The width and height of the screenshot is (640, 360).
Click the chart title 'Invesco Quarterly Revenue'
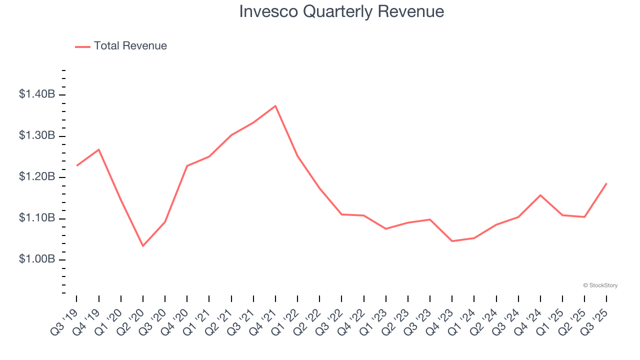341,11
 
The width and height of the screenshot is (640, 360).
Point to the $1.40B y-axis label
36,94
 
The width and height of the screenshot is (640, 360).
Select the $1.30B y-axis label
36,135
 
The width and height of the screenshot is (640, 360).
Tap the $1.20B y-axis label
36,177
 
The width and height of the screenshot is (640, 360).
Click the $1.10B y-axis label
36,218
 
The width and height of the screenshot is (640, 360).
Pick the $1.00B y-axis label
36,259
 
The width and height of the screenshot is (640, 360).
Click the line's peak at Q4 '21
275,106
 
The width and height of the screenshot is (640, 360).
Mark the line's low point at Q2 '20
143,246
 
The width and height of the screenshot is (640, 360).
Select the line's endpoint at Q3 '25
606,183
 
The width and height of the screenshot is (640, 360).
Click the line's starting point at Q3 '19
77,165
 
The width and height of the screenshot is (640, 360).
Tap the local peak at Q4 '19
99,149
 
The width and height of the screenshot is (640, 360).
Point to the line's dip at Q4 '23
452,241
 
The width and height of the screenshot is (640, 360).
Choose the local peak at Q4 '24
540,195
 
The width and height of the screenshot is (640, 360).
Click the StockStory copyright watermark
600,285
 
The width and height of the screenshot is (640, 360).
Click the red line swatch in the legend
82,46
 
